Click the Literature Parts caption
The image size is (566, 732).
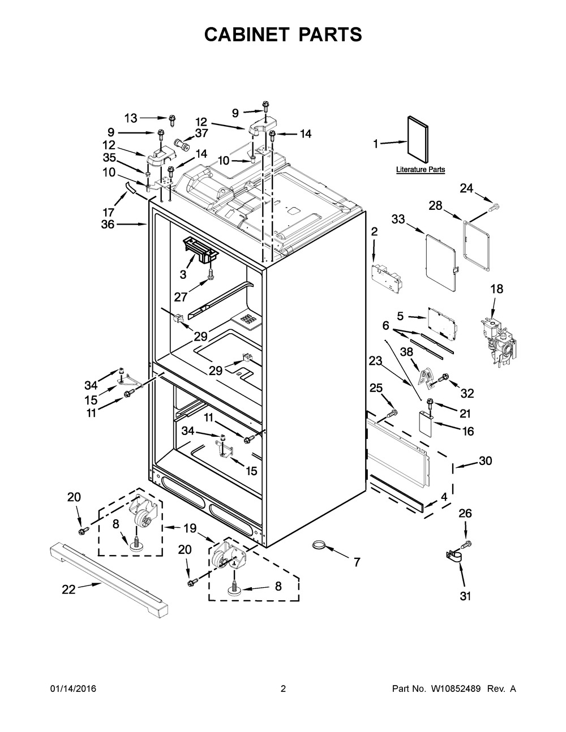click(x=420, y=169)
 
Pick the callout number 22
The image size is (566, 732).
click(x=68, y=589)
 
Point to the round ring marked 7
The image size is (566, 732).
click(x=319, y=545)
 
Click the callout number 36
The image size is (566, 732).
click(x=108, y=225)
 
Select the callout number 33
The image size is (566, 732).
click(x=398, y=219)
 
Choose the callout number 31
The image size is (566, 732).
click(x=466, y=596)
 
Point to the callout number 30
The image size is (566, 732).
click(x=485, y=461)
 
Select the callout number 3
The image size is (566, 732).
click(x=183, y=274)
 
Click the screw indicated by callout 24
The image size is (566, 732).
click(x=494, y=208)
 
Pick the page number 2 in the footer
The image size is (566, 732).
click(x=283, y=689)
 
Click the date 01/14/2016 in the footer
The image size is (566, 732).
click(x=73, y=689)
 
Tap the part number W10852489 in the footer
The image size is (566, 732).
click(x=452, y=689)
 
